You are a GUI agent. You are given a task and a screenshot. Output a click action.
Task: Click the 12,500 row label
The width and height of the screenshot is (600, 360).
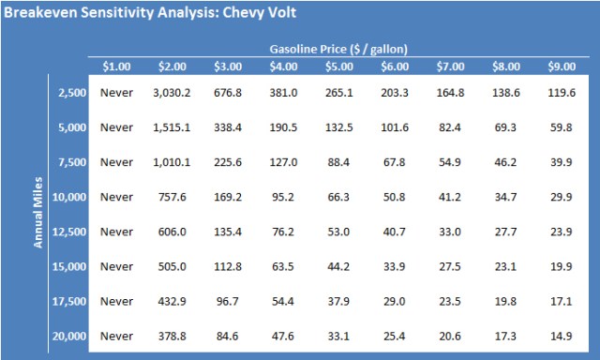pyautogui.click(x=66, y=232)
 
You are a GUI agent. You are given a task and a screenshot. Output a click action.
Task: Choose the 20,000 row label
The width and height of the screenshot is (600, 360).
pyautogui.click(x=66, y=336)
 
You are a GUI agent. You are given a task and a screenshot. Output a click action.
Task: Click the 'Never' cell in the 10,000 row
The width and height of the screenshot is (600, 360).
pyautogui.click(x=117, y=197)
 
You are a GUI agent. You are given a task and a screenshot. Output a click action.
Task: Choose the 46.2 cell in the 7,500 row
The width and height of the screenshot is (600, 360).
pyautogui.click(x=506, y=162)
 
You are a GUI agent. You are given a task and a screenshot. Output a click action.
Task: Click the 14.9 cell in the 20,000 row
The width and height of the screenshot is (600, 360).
pyautogui.click(x=562, y=336)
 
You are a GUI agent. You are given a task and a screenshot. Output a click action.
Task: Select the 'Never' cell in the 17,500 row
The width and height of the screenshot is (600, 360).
pyautogui.click(x=117, y=301)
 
